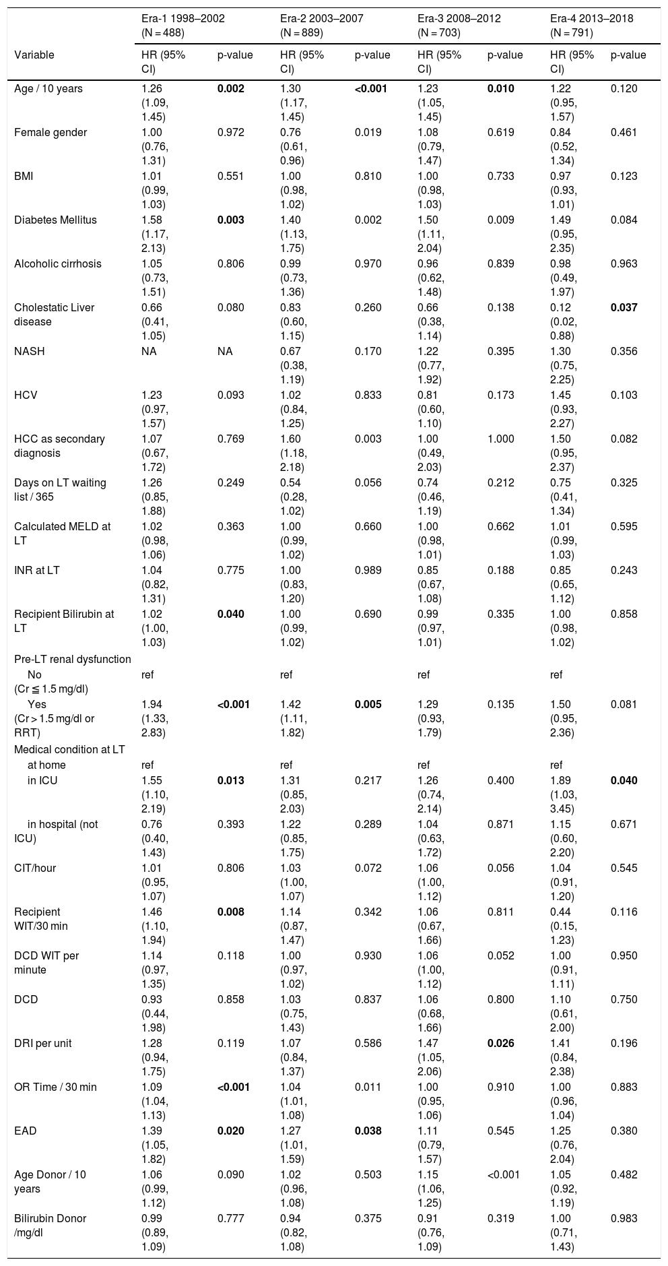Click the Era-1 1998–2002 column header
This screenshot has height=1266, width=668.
[x=178, y=18]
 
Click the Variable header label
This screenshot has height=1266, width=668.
[x=34, y=55]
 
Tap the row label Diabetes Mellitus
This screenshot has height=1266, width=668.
[x=55, y=220]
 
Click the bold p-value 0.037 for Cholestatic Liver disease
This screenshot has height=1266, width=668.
[x=624, y=307]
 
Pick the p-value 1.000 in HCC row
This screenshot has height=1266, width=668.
[x=500, y=439]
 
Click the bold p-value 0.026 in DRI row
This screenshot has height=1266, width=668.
[x=500, y=1043]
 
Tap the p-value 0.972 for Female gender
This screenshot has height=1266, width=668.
[x=231, y=132]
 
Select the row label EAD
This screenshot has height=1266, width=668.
[x=26, y=1131]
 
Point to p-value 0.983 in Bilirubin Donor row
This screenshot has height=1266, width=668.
[x=624, y=1218]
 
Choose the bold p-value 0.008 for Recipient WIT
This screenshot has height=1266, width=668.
[x=231, y=912]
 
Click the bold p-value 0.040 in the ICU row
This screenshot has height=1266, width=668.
[x=624, y=780]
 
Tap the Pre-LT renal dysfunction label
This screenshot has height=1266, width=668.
[x=73, y=658]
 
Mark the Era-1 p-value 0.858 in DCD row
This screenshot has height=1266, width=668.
[x=231, y=999]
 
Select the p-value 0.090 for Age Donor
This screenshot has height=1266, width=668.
[x=231, y=1174]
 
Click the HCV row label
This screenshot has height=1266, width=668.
[x=26, y=395]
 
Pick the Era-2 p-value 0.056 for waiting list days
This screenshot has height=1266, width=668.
[x=368, y=482]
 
